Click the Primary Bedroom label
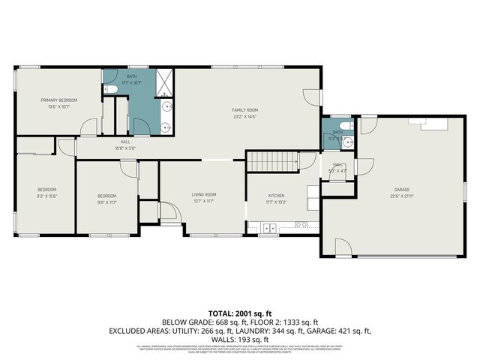tap(58, 100)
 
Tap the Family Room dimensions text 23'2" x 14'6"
tap(244, 116)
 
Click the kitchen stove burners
tap(301, 224)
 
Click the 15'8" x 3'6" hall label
tap(126, 145)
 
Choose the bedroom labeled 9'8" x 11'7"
tap(107, 198)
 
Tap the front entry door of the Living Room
tap(171, 217)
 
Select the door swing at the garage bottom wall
tap(341, 247)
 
